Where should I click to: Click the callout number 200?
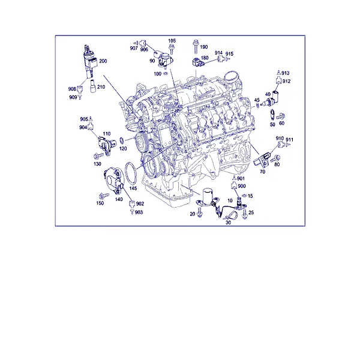point(103,61)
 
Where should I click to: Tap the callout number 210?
point(101,87)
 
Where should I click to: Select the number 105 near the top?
point(172,41)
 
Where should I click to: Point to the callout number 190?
point(204,47)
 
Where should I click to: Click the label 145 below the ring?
point(133,188)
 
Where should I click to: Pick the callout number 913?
point(286,73)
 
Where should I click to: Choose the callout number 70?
point(262,172)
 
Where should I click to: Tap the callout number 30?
point(228,223)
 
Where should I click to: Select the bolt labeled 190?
point(196,46)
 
